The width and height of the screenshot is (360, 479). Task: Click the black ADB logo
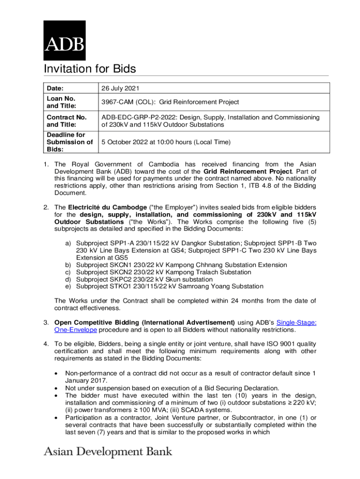tap(65, 40)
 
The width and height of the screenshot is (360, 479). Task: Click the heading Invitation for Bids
tap(89, 69)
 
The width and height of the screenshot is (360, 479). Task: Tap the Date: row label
tap(55, 88)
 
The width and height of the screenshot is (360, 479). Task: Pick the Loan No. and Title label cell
tap(61, 102)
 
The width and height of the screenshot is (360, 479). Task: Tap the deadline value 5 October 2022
tap(126, 142)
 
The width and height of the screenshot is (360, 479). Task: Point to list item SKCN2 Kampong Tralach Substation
tap(163, 272)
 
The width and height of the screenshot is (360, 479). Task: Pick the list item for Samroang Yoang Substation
tap(169, 286)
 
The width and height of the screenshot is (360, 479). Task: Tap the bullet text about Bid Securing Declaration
tap(172, 388)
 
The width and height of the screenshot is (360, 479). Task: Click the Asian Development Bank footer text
tap(108, 452)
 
